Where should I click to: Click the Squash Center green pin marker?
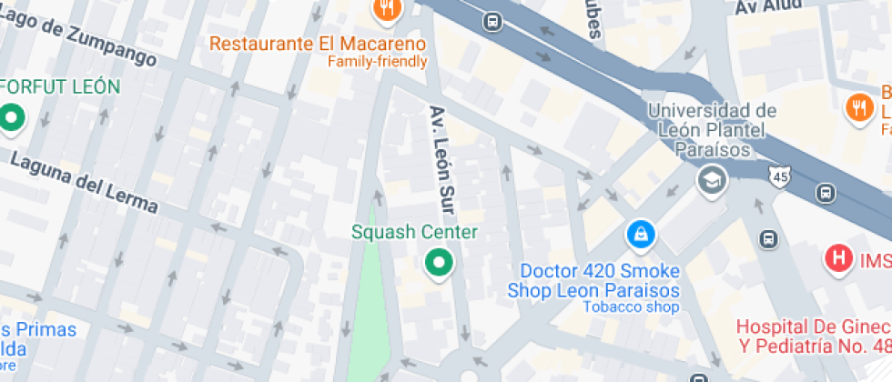coord(440,265)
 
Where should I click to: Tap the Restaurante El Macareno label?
coord(318,43)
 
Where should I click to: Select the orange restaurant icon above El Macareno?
coord(387,9)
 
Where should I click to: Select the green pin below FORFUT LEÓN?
coord(12,118)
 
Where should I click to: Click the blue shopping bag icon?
coord(640,236)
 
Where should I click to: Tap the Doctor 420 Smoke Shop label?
coord(600,281)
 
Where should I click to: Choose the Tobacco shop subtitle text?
coord(631,307)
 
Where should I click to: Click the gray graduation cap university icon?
coord(713,180)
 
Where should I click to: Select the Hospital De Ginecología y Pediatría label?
coord(813,336)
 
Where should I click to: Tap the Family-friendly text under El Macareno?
coord(377,62)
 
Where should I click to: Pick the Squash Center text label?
coord(414,232)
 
